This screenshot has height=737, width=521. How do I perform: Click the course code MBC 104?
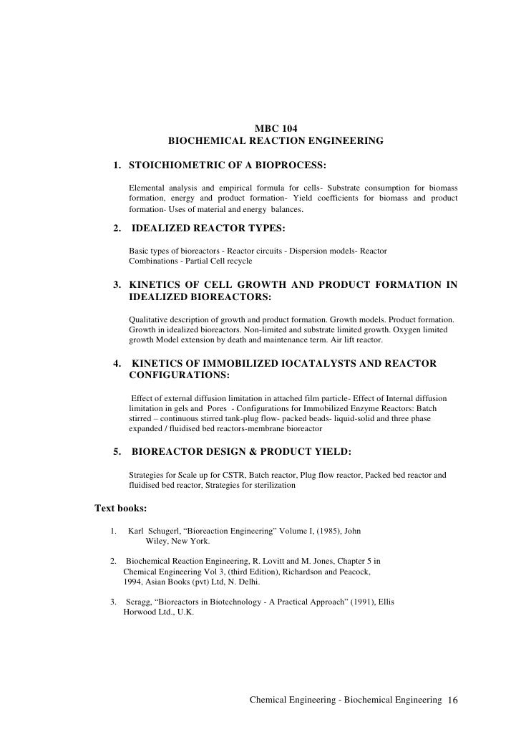click(x=276, y=129)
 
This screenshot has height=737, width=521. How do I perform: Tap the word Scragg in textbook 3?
click(x=140, y=602)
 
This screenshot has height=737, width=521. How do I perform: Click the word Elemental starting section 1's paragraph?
click(x=150, y=188)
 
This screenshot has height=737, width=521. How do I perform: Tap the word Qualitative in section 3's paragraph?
click(x=151, y=317)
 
